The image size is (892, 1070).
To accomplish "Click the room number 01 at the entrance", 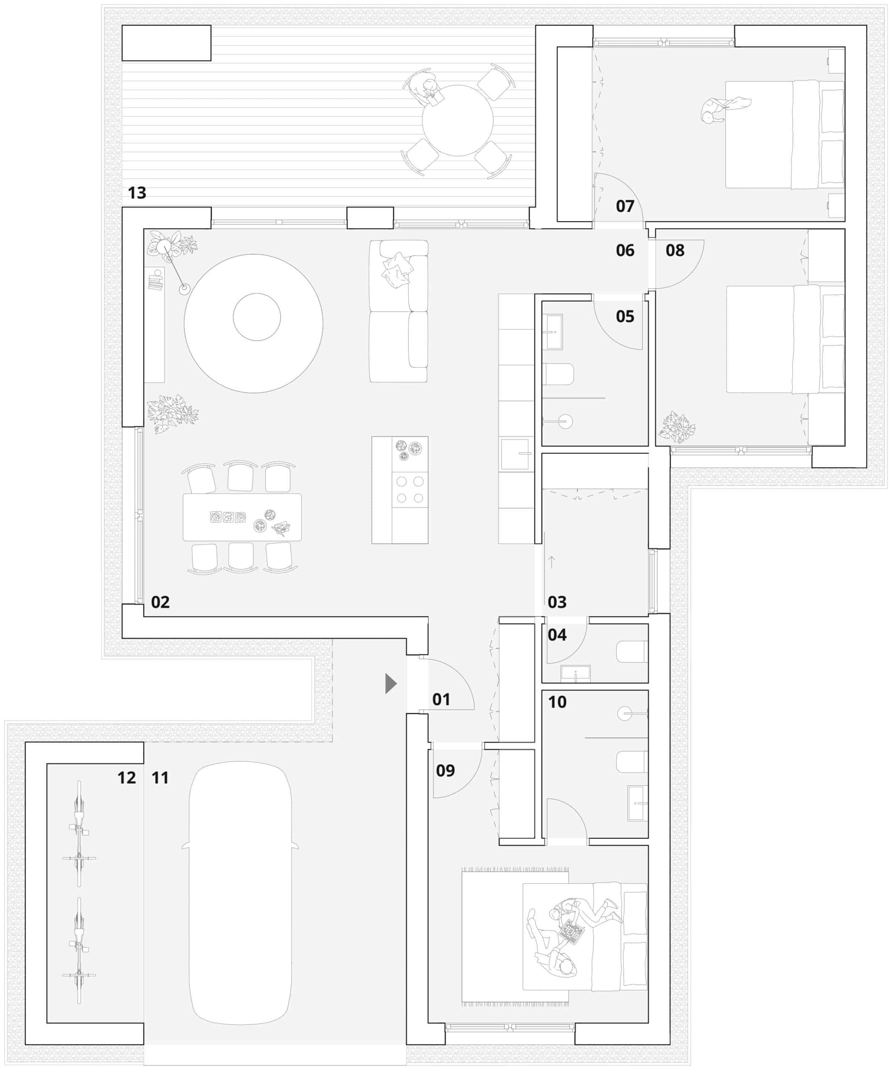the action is (441, 700).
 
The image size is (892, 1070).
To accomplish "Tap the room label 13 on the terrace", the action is (137, 193).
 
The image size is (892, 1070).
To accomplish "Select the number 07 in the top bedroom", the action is (625, 206).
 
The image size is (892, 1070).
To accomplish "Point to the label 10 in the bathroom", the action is (557, 702).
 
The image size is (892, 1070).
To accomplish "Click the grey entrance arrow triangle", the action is (390, 684).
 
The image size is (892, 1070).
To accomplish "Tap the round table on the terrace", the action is (457, 121).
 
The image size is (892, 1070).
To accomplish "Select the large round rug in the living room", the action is (253, 324).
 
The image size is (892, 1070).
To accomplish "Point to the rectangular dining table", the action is (242, 517).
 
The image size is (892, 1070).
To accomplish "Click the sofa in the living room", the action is (398, 311).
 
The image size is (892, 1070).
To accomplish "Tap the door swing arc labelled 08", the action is (688, 274).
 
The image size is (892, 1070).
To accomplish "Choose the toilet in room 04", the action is (632, 652).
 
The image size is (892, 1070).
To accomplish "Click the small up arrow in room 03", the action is (551, 562).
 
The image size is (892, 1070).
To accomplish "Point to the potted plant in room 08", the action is (676, 427).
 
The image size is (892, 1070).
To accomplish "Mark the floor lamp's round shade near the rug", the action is (184, 289).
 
